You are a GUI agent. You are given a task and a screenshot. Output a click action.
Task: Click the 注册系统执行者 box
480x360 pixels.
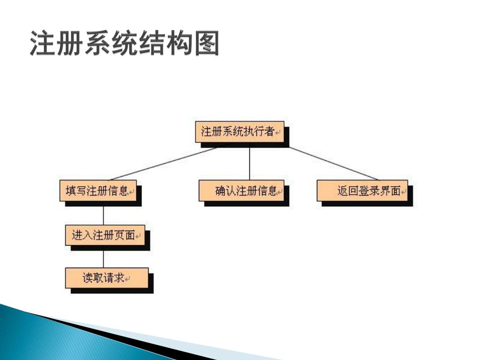pos(240,132)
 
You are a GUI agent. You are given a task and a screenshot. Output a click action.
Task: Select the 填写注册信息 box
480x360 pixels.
pos(98,191)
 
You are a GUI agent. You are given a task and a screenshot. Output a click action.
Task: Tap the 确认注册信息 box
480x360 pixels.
pos(241,191)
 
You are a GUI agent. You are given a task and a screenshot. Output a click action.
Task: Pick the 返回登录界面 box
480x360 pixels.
pos(362,191)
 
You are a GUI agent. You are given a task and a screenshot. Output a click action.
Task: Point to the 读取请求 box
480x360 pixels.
pos(106,278)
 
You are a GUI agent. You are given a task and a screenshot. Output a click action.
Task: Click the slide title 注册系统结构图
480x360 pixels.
pos(124,44)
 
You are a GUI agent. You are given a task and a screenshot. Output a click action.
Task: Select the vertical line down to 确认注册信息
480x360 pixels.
pos(249,164)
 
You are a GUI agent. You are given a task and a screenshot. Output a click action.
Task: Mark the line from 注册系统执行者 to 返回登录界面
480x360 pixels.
pos(333,164)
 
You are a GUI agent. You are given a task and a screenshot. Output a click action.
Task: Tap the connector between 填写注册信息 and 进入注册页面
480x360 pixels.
pos(103,213)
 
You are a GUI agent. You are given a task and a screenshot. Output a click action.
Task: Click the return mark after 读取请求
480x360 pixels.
pos(127,279)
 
